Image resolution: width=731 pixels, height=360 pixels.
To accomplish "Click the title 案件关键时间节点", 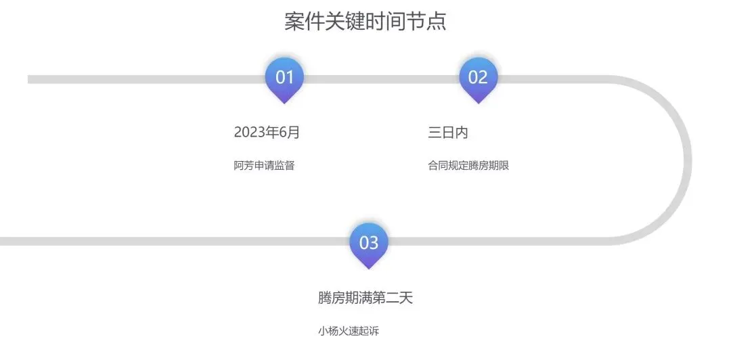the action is [365, 22].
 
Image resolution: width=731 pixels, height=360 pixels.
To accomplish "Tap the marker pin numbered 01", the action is [284, 78].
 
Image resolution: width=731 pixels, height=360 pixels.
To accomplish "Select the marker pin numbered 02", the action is [478, 78].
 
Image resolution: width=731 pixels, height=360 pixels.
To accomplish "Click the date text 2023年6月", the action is [267, 133].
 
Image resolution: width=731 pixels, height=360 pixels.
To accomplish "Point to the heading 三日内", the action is [448, 133].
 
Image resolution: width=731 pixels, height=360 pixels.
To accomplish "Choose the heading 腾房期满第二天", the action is [365, 298].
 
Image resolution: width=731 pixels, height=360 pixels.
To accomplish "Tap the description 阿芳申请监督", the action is [264, 166].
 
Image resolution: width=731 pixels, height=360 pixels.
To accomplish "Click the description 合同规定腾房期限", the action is [468, 166].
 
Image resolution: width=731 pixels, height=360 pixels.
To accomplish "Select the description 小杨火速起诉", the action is [354, 331].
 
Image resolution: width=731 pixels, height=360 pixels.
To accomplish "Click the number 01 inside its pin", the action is [285, 77].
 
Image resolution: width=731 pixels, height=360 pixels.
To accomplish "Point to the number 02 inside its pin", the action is [478, 77].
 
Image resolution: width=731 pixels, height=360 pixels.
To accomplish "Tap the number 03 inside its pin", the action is [368, 242].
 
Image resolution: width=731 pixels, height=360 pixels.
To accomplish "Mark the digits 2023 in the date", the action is [249, 133].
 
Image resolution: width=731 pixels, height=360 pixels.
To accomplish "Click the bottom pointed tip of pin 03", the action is [368, 268].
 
